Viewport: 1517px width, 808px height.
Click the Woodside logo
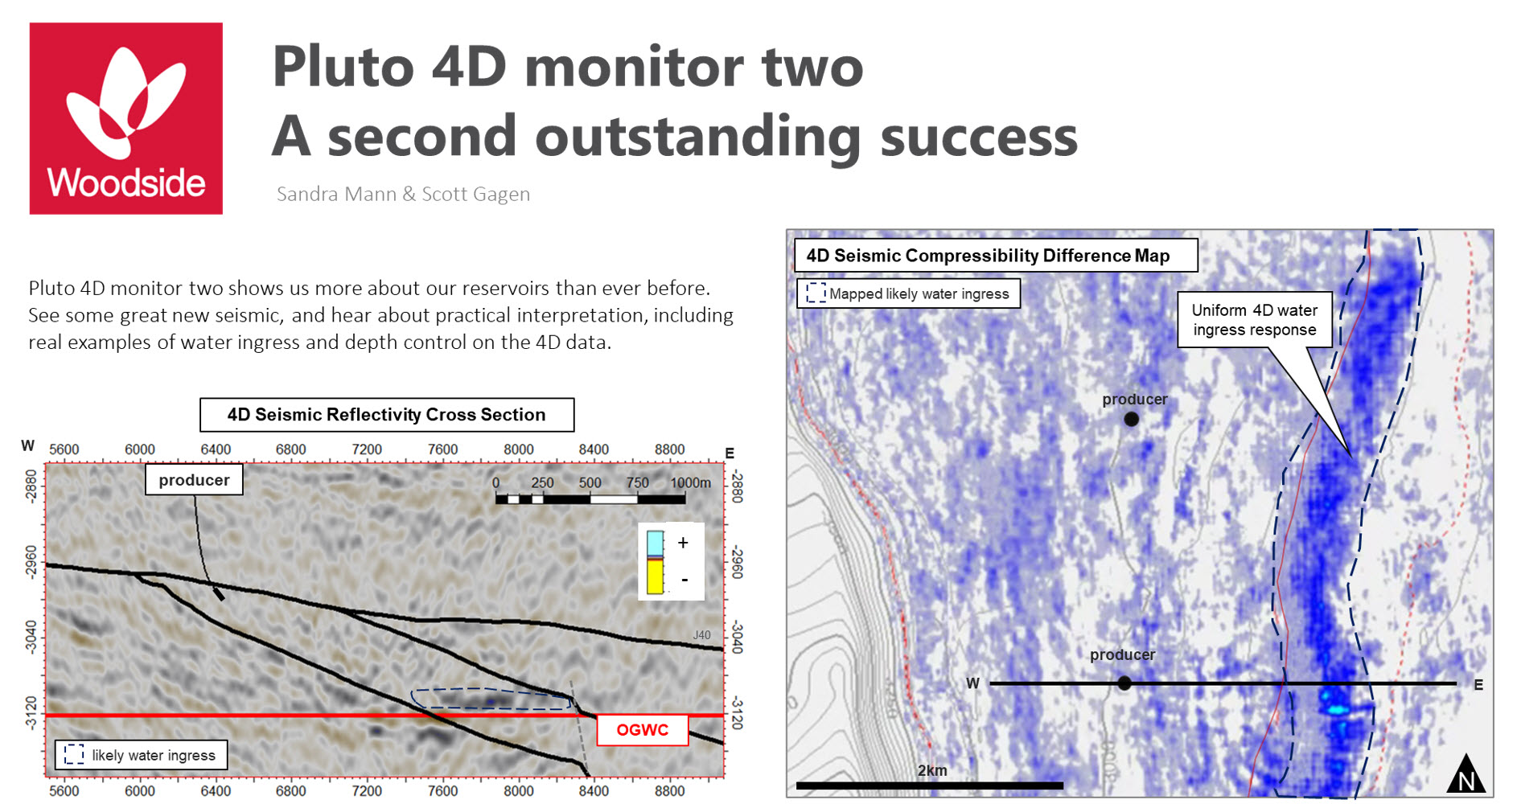click(126, 118)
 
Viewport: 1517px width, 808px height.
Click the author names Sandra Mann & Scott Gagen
click(403, 194)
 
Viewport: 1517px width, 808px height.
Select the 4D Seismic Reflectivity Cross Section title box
click(387, 415)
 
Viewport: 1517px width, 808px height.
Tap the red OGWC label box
click(643, 730)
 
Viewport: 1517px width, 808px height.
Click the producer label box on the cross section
click(194, 480)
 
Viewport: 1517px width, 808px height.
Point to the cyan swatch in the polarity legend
click(656, 543)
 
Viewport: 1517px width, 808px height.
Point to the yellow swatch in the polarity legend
click(656, 576)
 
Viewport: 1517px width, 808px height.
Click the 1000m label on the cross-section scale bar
click(690, 482)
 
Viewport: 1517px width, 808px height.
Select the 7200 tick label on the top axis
click(367, 449)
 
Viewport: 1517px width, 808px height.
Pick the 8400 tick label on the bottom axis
click(594, 791)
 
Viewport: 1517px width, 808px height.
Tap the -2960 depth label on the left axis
click(31, 562)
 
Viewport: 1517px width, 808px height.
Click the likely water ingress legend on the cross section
click(142, 755)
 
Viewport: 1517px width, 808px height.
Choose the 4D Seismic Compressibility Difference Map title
click(988, 256)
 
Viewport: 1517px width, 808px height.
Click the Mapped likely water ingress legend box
click(909, 293)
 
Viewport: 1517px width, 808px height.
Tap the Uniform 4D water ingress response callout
click(1255, 320)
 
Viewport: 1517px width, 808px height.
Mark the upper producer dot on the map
click(1132, 419)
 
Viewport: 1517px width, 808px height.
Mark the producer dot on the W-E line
click(1124, 683)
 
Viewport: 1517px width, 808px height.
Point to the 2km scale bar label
click(932, 770)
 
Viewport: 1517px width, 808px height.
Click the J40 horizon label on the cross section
click(702, 635)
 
